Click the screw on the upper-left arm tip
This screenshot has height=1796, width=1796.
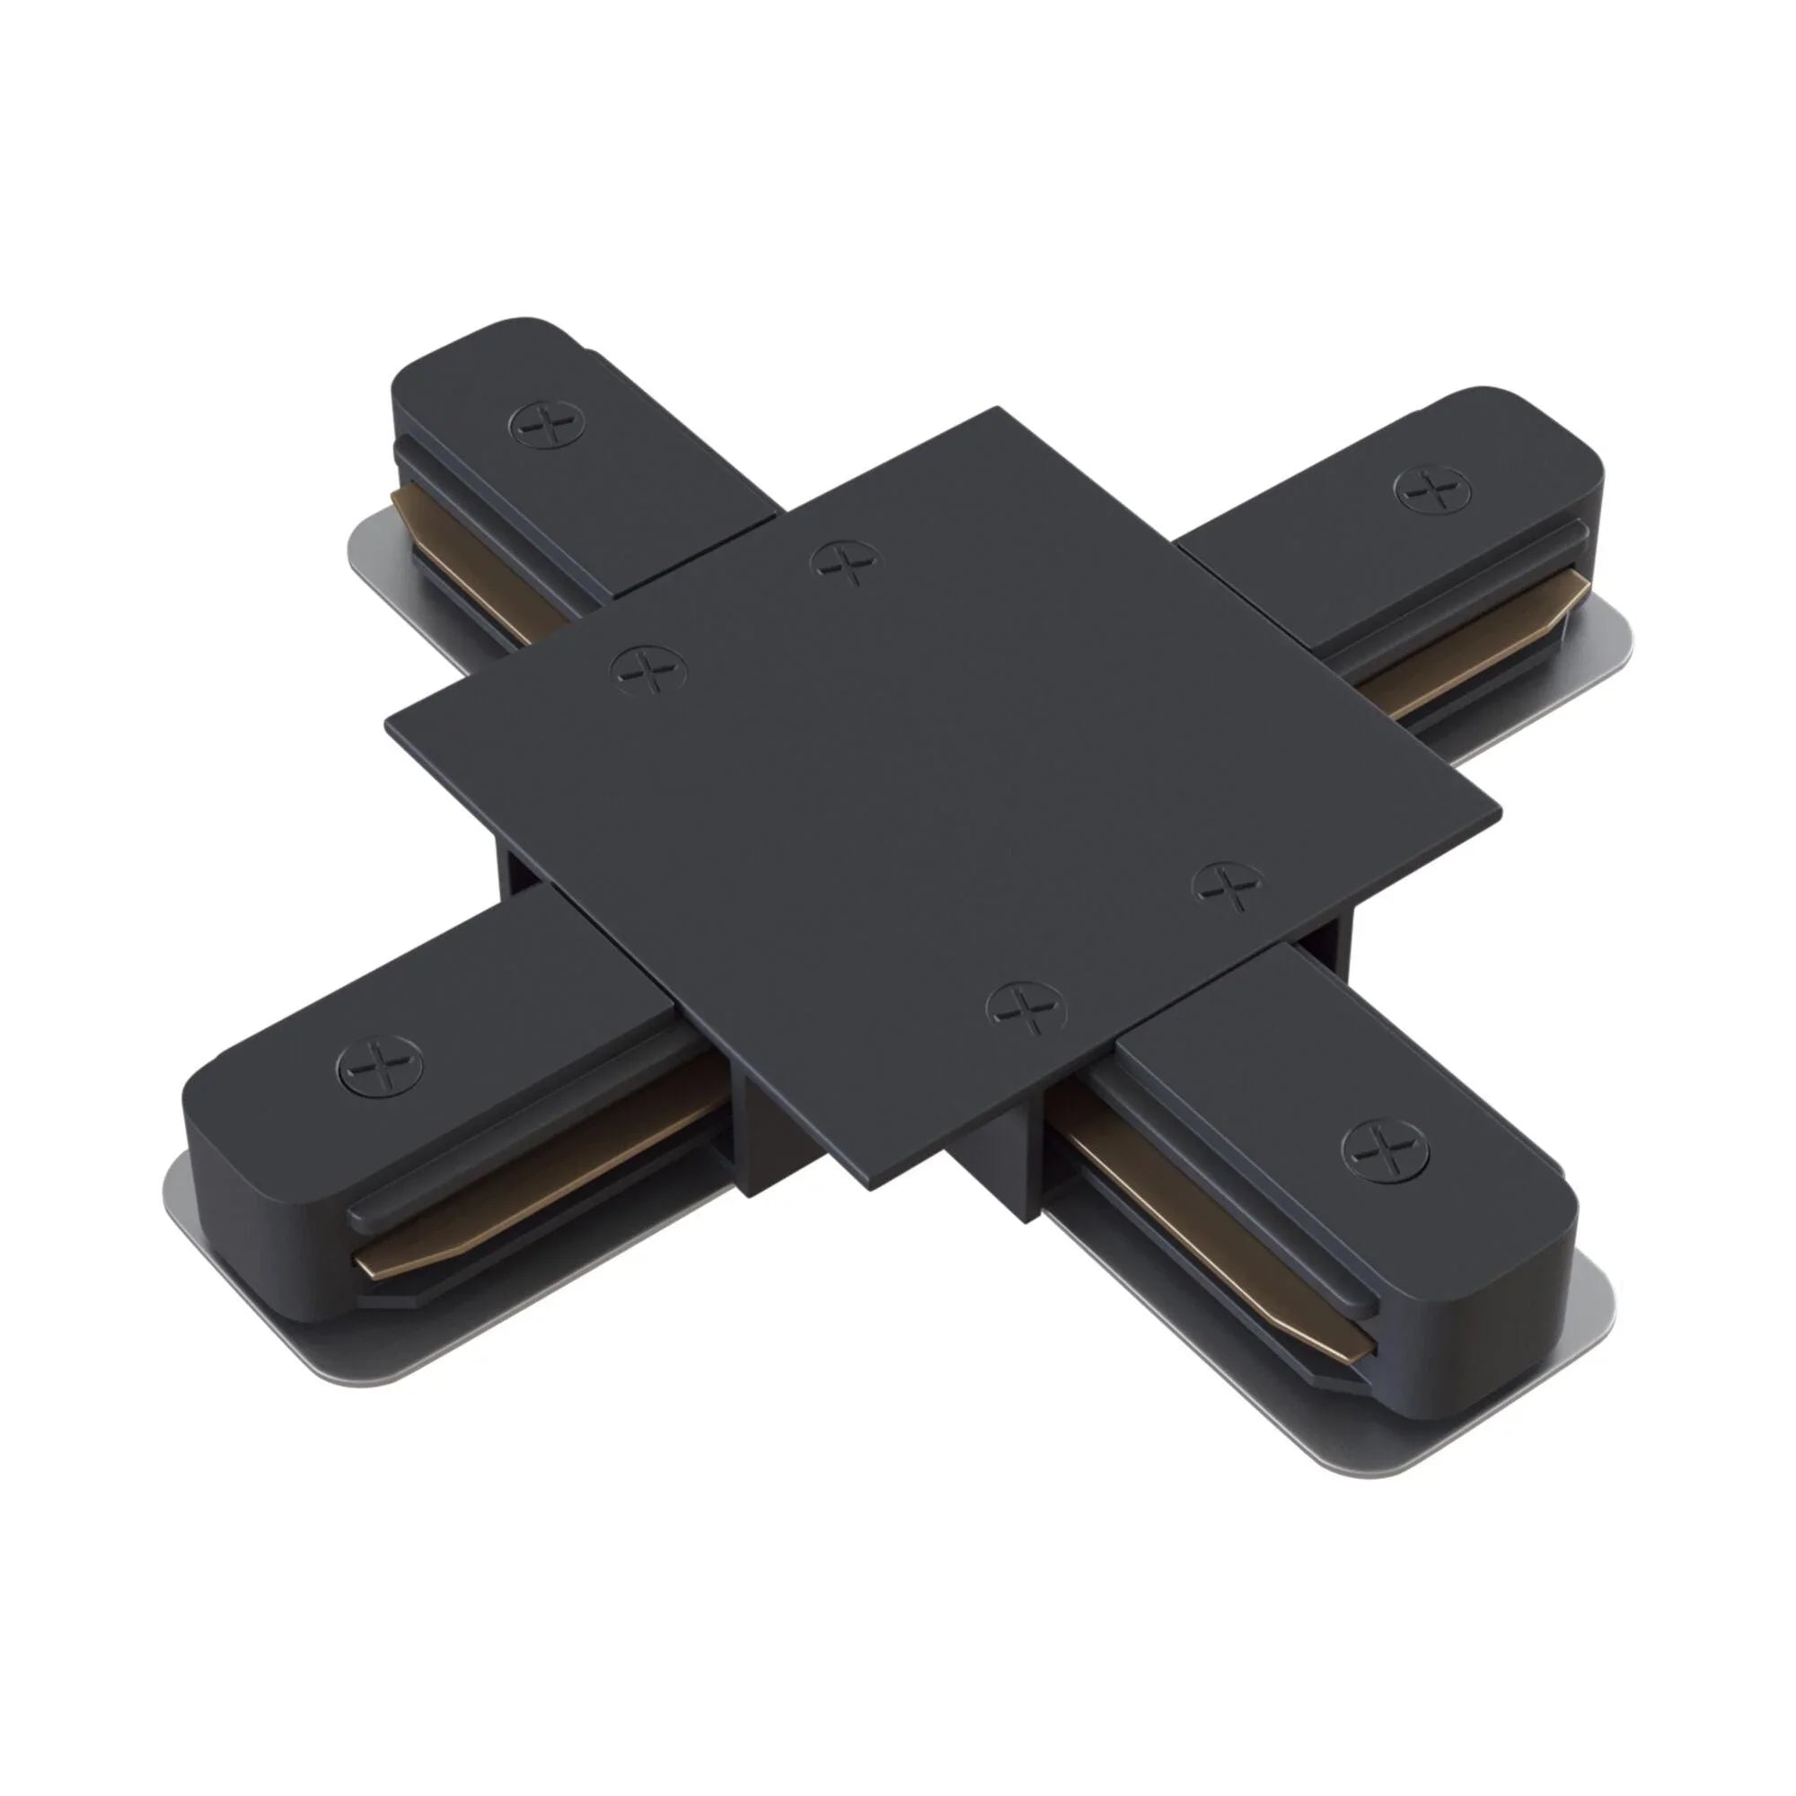click(549, 427)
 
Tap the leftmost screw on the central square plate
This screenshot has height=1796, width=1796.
click(649, 668)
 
